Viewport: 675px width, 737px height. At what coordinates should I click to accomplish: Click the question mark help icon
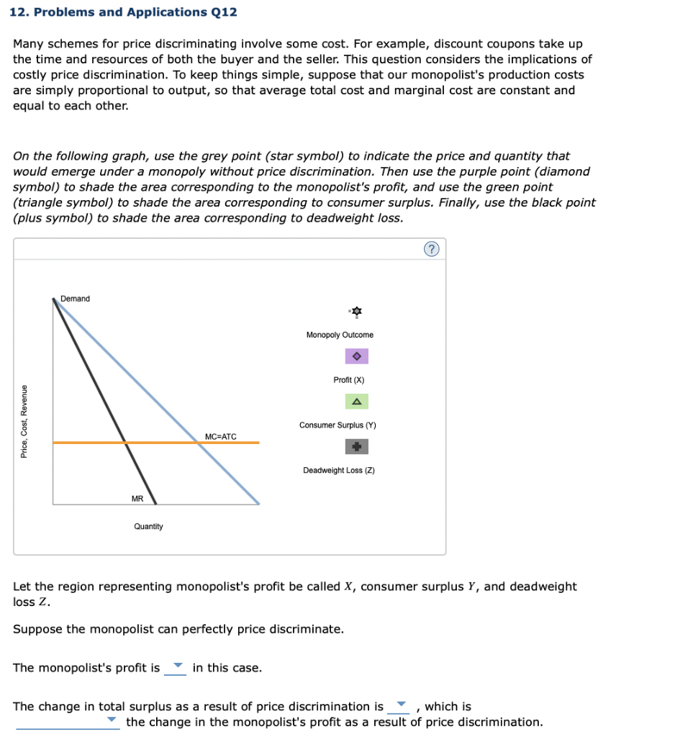point(431,249)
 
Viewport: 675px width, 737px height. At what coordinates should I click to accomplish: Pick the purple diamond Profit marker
point(356,356)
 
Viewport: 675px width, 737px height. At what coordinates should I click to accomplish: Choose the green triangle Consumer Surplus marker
point(356,402)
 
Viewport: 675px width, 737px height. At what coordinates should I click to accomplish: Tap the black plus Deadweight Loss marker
point(356,447)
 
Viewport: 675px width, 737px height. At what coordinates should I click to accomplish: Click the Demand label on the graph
point(76,299)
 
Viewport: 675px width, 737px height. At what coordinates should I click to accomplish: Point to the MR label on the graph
point(137,498)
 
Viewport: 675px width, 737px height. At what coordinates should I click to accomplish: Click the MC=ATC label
point(220,436)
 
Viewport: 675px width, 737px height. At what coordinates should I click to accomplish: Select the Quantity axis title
point(148,527)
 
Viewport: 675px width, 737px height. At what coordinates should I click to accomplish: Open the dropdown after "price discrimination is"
point(400,707)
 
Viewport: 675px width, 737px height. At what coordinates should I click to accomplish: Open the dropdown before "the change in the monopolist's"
point(68,722)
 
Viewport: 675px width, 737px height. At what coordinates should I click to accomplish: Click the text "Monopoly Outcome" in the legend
point(340,335)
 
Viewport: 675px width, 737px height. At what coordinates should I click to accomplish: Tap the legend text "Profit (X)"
point(349,380)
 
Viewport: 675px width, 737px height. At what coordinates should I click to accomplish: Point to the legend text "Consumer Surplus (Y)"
point(337,425)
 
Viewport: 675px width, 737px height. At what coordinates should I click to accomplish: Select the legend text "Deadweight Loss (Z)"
point(339,471)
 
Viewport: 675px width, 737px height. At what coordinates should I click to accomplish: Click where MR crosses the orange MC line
point(126,443)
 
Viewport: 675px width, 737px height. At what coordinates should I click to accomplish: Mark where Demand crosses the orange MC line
point(199,443)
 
